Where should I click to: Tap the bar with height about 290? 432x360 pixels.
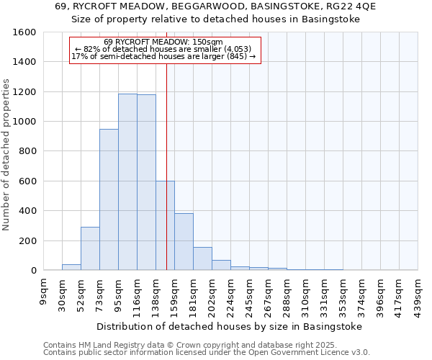click(90, 248)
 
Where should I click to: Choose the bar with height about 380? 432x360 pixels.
click(184, 242)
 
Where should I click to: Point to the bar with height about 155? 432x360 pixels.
click(202, 258)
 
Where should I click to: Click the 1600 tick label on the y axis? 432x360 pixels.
click(24, 32)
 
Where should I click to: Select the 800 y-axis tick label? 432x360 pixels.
click(27, 151)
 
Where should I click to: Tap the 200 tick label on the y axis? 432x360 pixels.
click(27, 240)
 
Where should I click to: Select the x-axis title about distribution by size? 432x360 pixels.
click(228, 326)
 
